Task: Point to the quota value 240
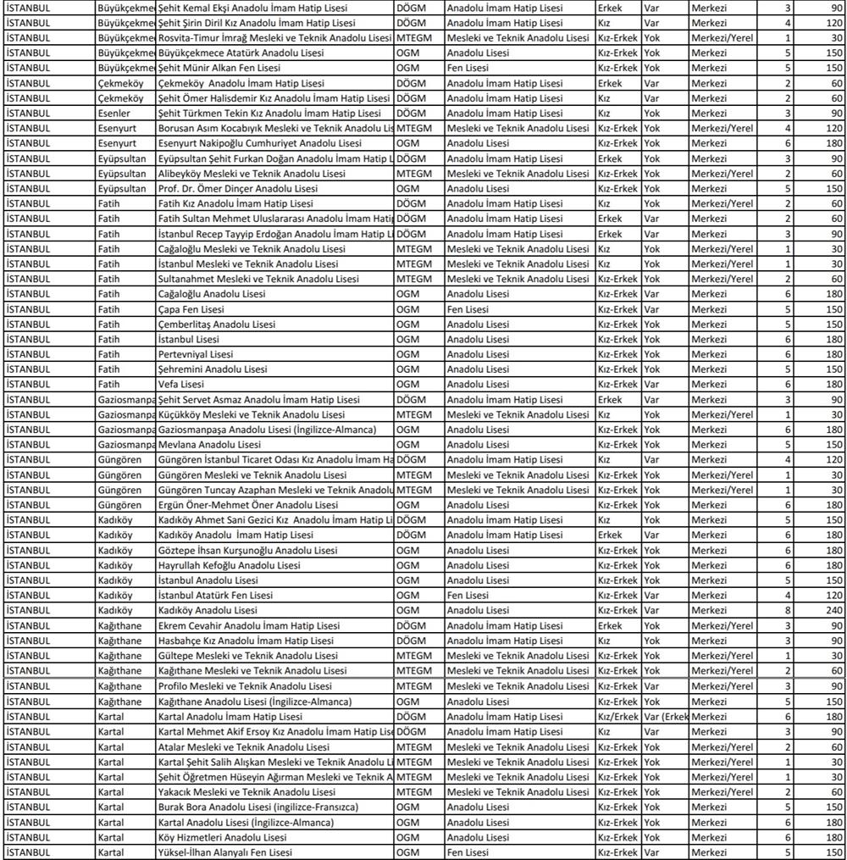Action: [834, 611]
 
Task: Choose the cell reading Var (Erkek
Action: [665, 717]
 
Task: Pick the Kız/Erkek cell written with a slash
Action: [617, 717]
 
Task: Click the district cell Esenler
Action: [116, 114]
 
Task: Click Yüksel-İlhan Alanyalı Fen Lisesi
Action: [224, 852]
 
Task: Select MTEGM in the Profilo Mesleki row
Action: [414, 686]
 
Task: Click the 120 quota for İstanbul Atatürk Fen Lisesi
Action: [834, 596]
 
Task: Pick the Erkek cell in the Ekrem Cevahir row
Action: [610, 626]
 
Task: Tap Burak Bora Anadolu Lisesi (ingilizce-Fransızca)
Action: [257, 807]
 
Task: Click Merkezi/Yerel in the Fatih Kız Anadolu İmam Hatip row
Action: [721, 203]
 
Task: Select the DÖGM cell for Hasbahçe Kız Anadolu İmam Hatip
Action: [412, 641]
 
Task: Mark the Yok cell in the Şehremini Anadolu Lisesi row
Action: [651, 369]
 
